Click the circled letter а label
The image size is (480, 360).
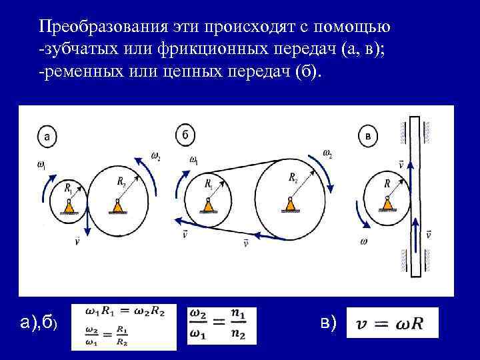[x=46, y=136]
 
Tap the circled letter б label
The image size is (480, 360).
[x=186, y=135]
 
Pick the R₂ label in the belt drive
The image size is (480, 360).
[x=293, y=178]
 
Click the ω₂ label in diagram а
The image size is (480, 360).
[x=155, y=157]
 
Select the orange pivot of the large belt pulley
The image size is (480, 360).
[x=290, y=204]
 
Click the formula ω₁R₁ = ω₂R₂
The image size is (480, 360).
[x=127, y=311]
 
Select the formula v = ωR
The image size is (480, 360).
[x=393, y=324]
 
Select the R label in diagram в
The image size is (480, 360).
[x=387, y=183]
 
